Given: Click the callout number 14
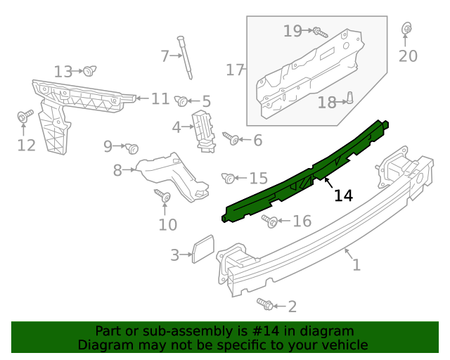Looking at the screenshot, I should pyautogui.click(x=343, y=196).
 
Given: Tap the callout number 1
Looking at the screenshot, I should pyautogui.click(x=356, y=265).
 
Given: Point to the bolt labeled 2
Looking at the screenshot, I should pyautogui.click(x=265, y=304).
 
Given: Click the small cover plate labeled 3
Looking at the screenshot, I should pyautogui.click(x=202, y=249).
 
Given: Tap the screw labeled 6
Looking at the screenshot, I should pyautogui.click(x=117, y=169).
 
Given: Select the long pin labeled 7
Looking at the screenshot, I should pyautogui.click(x=131, y=148).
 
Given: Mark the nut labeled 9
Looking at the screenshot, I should pyautogui.click(x=160, y=99).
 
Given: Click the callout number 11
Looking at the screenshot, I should pyautogui.click(x=89, y=70).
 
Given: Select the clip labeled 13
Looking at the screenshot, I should pyautogui.click(x=270, y=221).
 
